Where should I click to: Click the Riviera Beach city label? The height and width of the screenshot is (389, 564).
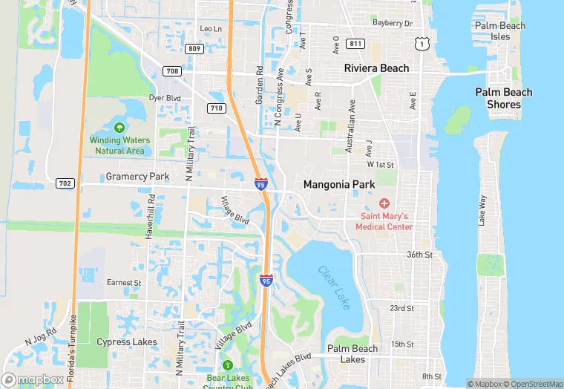(x=376, y=68)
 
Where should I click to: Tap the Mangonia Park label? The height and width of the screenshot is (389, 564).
(x=339, y=184)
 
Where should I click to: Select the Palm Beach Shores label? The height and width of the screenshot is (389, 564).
(x=503, y=98)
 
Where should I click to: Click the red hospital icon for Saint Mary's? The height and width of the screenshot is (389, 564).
(x=384, y=203)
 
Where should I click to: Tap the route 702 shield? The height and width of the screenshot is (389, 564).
(x=64, y=183)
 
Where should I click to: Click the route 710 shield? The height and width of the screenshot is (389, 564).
(x=217, y=108)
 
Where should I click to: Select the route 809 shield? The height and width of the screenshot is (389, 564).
(x=194, y=48)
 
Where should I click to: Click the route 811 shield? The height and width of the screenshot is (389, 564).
(x=355, y=44)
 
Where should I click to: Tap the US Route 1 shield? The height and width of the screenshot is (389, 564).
(x=422, y=45)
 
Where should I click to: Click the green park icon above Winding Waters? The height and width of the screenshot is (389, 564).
(x=119, y=128)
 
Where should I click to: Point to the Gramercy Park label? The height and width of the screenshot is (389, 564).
(x=137, y=177)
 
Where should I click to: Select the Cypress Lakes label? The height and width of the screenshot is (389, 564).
(x=127, y=342)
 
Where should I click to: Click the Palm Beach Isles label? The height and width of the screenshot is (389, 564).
(x=500, y=31)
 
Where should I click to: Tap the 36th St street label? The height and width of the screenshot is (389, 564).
(x=419, y=255)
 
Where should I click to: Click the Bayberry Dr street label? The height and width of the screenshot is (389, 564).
(x=393, y=24)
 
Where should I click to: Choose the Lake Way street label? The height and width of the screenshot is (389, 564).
(x=482, y=209)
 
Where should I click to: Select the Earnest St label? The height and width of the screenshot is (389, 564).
(x=124, y=283)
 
